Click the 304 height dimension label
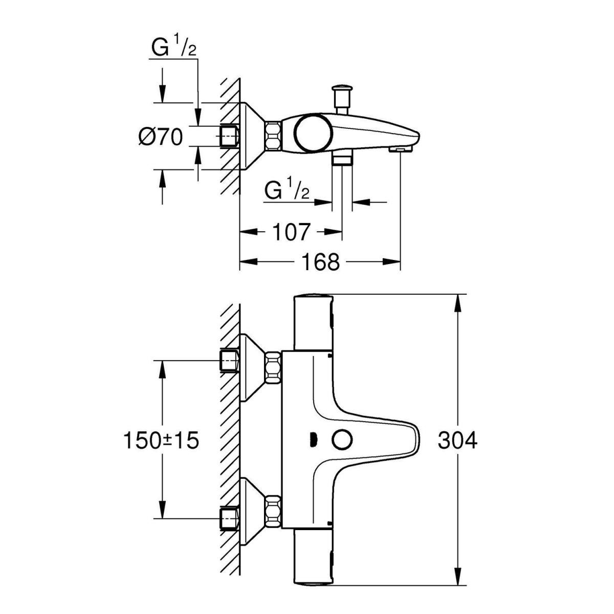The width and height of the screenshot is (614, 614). [457, 440]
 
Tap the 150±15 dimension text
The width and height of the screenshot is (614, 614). [161, 440]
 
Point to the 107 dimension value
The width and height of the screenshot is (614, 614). [291, 232]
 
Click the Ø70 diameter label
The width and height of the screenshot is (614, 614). [161, 137]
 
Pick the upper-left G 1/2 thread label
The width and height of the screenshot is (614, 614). [173, 49]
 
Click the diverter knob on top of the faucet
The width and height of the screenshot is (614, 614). [341, 95]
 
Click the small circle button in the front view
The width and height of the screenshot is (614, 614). [341, 440]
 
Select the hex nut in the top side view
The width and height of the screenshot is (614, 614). [273, 136]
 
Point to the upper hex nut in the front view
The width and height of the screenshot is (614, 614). [273, 367]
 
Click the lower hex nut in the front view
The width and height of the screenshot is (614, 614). [273, 512]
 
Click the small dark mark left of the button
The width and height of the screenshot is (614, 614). [313, 440]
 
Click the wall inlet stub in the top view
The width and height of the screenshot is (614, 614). [230, 137]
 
